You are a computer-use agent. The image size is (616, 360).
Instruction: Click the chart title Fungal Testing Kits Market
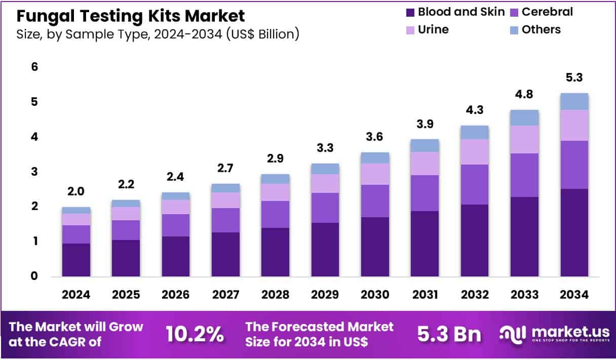coord(131,16)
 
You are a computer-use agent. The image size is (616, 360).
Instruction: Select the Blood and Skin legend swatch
coord(410,12)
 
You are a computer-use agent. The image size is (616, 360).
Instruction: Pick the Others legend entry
coord(535,30)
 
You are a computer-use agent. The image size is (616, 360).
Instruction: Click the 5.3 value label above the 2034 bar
coord(574,78)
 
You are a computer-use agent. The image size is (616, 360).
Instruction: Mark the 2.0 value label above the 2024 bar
coord(76,192)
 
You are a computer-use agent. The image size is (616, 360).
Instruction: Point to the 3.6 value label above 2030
coord(375,137)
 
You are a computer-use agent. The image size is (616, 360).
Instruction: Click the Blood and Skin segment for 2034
coord(574,232)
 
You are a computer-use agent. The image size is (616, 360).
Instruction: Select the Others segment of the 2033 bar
coord(524,117)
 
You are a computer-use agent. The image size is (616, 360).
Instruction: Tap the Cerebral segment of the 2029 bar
coord(325,208)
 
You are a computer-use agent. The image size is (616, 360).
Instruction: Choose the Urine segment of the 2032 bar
coord(474,151)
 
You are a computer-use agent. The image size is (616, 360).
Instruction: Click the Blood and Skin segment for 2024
coord(76,260)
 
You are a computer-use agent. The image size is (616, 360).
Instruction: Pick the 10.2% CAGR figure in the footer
coord(195,334)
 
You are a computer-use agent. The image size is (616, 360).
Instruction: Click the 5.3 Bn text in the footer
coord(450,334)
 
